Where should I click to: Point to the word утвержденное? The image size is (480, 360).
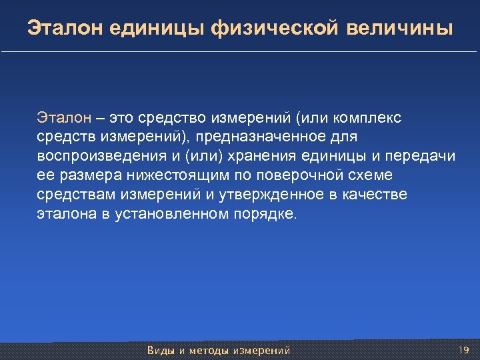261,195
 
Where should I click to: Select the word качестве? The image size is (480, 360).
378,195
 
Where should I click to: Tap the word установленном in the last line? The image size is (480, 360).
170,215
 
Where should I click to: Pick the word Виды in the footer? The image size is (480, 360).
160,350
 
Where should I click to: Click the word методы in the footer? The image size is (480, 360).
209,350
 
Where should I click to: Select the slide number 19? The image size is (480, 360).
465,349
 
